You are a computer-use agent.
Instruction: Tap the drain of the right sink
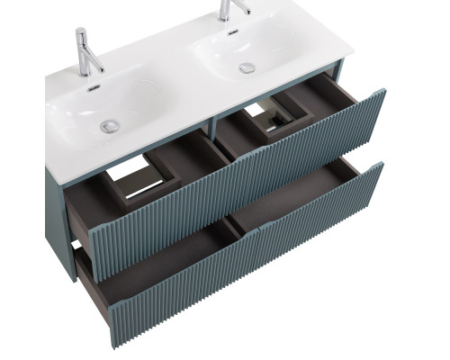tap(247, 67)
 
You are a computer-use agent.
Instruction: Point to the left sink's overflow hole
tap(92, 87)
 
